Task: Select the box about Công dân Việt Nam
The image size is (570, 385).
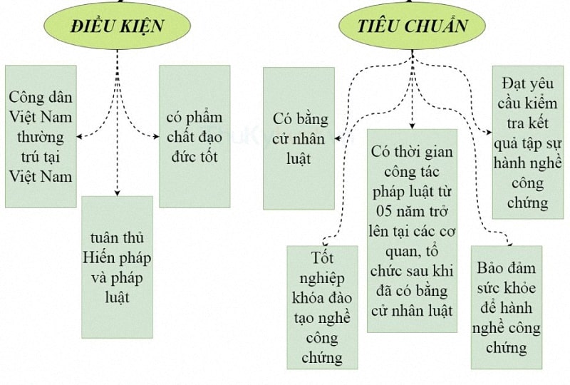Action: click(x=41, y=136)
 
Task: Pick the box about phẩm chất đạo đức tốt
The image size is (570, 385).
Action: click(x=195, y=136)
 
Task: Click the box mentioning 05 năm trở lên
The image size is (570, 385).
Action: click(x=412, y=230)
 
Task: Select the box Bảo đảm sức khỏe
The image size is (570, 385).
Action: click(x=507, y=307)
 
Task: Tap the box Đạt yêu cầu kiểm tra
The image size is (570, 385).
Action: click(x=527, y=142)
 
